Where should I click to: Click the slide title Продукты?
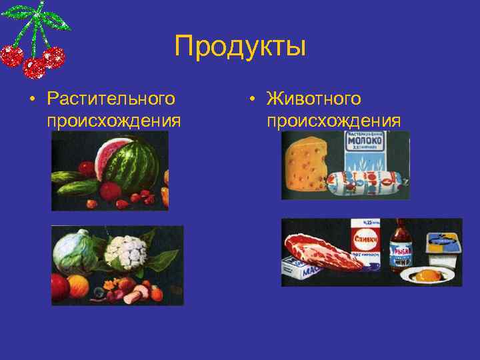click(240, 47)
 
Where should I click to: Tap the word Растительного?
click(111, 99)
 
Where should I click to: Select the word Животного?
click(313, 99)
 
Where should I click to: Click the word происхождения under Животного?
click(333, 121)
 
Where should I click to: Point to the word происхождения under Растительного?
click(114, 121)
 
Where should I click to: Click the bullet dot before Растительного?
click(31, 100)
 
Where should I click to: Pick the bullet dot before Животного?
click(251, 100)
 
